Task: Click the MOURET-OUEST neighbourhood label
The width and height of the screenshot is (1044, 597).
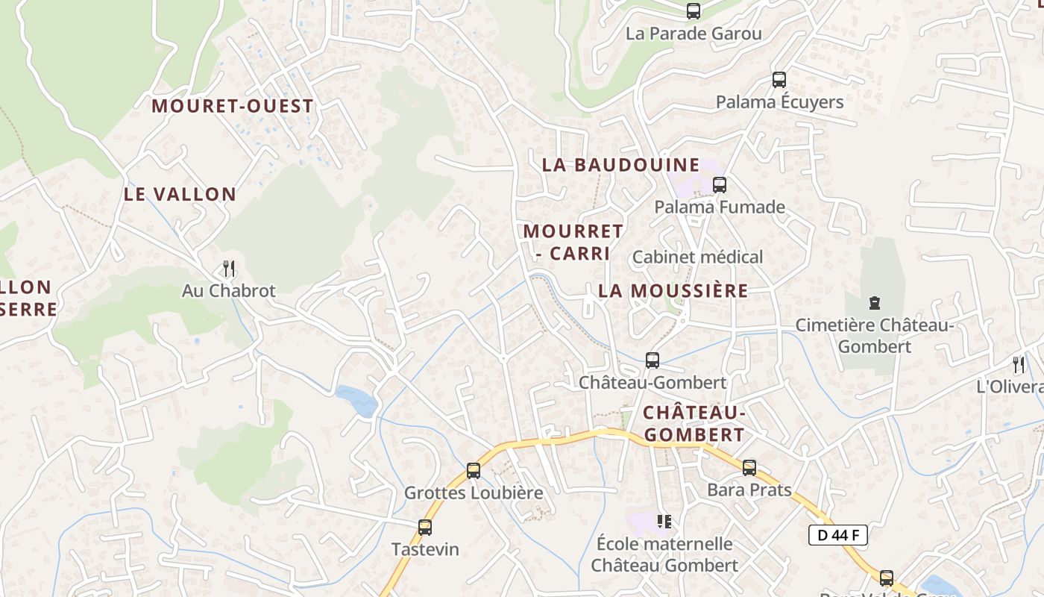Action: pyautogui.click(x=232, y=106)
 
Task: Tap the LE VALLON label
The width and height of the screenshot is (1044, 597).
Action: pyautogui.click(x=180, y=194)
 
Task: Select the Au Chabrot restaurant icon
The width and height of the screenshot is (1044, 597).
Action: pyautogui.click(x=229, y=268)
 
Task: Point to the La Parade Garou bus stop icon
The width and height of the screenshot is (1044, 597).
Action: pyautogui.click(x=694, y=11)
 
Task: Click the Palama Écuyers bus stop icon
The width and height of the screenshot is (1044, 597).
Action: pyautogui.click(x=779, y=79)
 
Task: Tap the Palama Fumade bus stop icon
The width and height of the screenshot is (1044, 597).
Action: pyautogui.click(x=720, y=184)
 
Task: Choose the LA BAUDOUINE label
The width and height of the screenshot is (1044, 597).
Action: pyautogui.click(x=621, y=165)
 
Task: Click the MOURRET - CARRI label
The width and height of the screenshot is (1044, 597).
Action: pyautogui.click(x=573, y=242)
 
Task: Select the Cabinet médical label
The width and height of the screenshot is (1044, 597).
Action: pyautogui.click(x=697, y=257)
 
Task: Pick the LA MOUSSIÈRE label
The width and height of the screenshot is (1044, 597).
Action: pyautogui.click(x=673, y=291)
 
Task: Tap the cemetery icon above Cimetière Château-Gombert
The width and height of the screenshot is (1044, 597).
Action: pyautogui.click(x=875, y=303)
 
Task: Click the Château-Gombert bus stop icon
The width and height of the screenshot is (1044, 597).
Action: pyautogui.click(x=652, y=360)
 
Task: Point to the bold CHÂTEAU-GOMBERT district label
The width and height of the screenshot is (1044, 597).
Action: pyautogui.click(x=694, y=423)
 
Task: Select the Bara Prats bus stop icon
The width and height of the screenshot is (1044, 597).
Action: pyautogui.click(x=749, y=468)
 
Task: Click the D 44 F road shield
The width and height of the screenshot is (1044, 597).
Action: pyautogui.click(x=837, y=535)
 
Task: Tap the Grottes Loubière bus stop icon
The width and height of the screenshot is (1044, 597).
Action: pyautogui.click(x=474, y=470)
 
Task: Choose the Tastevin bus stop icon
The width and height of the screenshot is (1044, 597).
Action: pyautogui.click(x=425, y=527)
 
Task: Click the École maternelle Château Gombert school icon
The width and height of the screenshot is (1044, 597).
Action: pyautogui.click(x=664, y=521)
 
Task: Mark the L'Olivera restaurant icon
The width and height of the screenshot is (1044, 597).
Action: pyautogui.click(x=1019, y=364)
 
